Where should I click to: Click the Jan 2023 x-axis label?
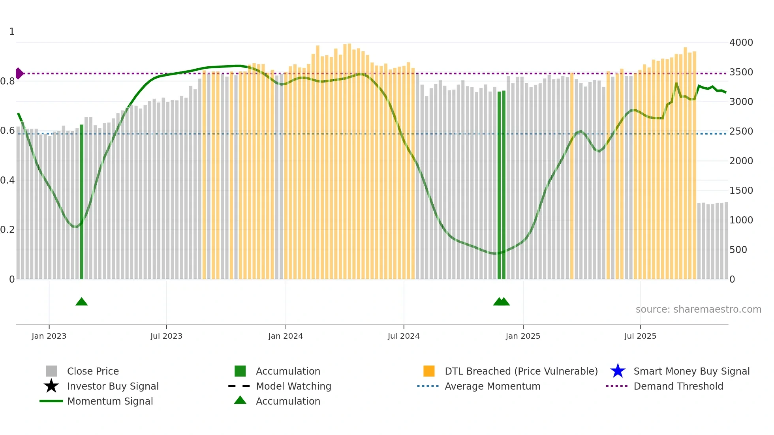[49, 336]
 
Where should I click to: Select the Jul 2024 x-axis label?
[404, 336]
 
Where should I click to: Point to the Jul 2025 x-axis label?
[640, 336]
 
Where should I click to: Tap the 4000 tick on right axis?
[741, 42]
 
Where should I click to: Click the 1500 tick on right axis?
[741, 190]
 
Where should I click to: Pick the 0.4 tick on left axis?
[8, 180]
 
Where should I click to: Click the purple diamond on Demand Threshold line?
[19, 73]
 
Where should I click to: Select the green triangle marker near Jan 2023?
[81, 302]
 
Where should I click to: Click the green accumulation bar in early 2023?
[82, 201]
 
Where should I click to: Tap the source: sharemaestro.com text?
[698, 309]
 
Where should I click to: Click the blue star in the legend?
[618, 371]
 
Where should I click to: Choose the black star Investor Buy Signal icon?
[51, 386]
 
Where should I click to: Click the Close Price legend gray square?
[51, 371]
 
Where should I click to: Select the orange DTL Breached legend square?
[429, 371]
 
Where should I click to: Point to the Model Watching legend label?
[293, 386]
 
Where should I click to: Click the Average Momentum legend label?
[492, 386]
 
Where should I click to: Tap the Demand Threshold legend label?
[678, 386]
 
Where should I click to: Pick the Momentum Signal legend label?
[110, 401]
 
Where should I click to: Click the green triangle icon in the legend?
[240, 400]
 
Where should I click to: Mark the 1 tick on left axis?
[12, 32]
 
